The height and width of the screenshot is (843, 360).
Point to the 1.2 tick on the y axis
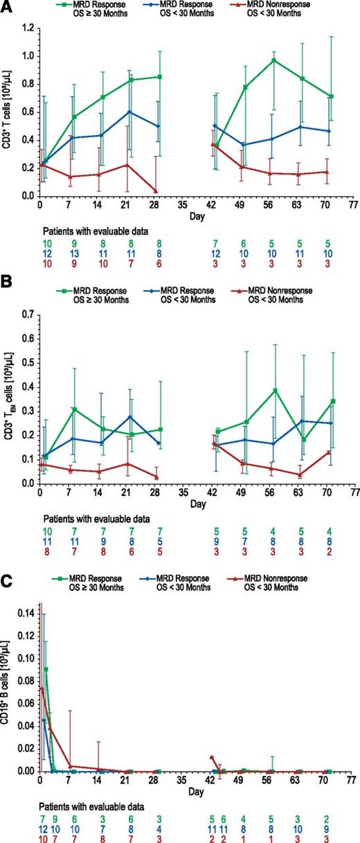(28, 28)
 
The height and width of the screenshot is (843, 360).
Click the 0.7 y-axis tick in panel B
(28, 314)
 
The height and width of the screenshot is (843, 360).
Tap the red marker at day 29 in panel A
(159, 191)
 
